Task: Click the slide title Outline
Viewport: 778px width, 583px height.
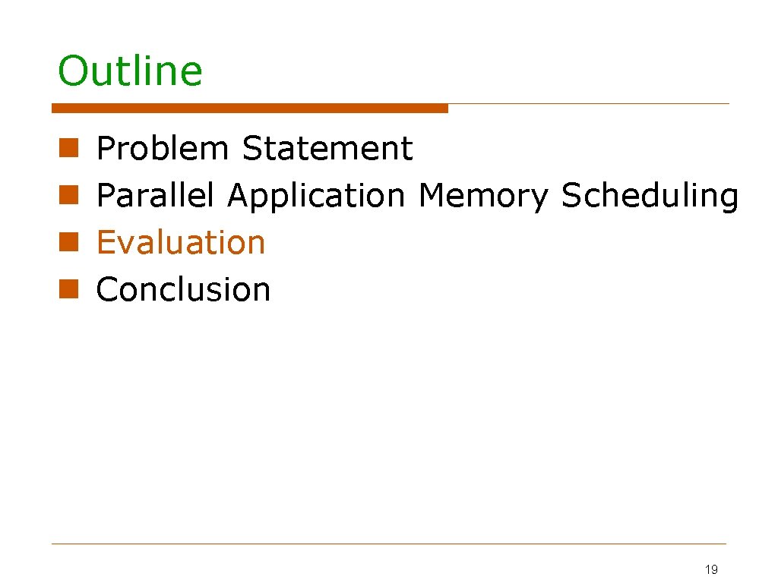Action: (x=130, y=71)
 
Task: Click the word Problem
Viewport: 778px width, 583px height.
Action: (x=163, y=149)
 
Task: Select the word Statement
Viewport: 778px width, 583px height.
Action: (x=327, y=149)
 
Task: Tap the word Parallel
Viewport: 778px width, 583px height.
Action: (x=156, y=196)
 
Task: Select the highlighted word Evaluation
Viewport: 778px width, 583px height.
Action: (x=181, y=243)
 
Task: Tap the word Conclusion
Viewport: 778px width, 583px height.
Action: (x=183, y=290)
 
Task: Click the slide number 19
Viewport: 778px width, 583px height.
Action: (x=711, y=569)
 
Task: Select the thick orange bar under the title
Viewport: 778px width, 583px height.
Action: (x=250, y=109)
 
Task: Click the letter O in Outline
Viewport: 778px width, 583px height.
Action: (x=73, y=71)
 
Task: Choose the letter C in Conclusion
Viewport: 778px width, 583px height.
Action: (x=108, y=290)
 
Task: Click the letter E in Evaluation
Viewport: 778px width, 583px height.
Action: (x=106, y=243)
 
